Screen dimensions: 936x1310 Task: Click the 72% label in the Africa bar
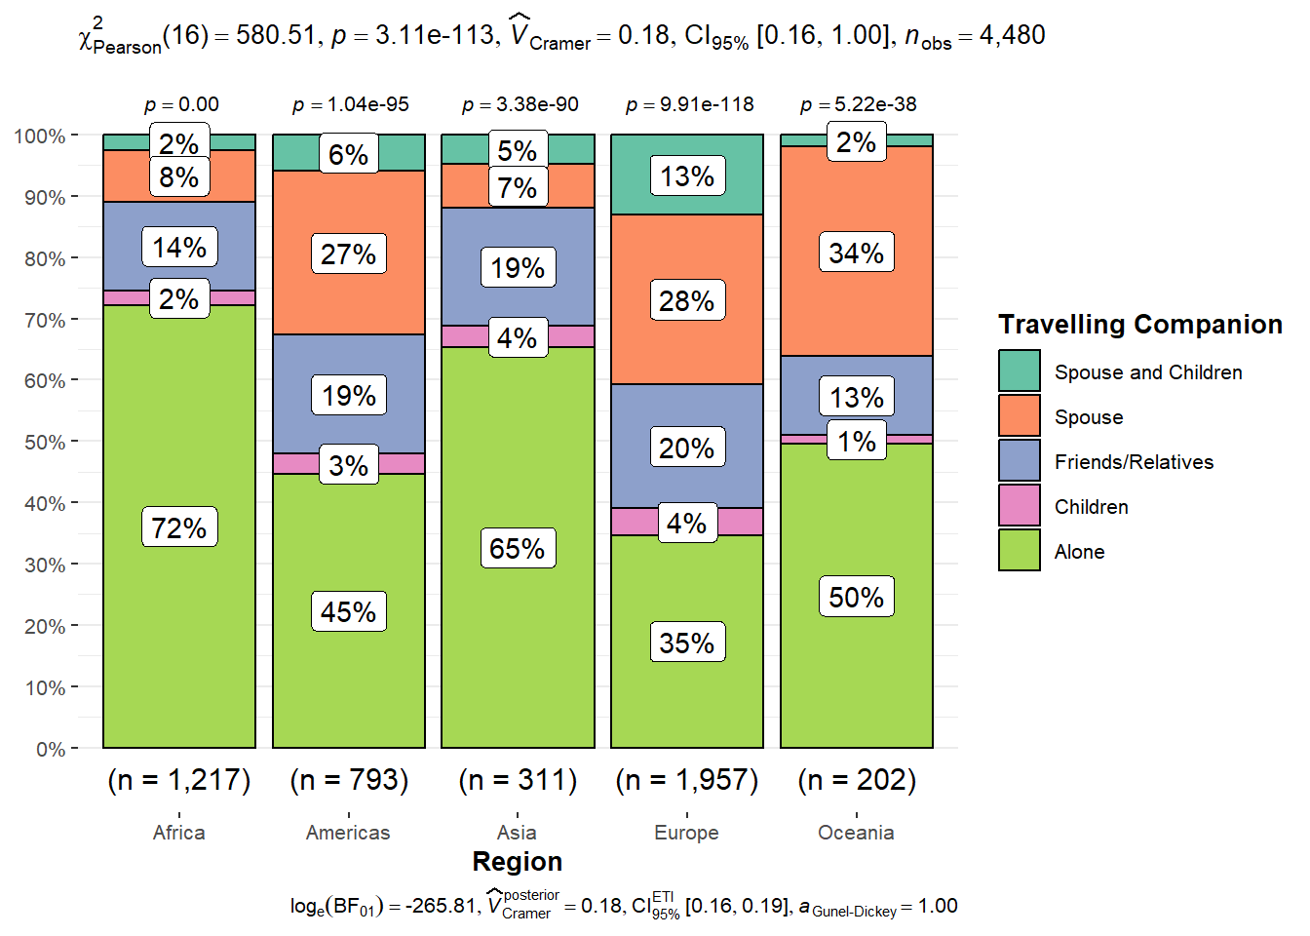[179, 527]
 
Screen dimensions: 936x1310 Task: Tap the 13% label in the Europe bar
[687, 176]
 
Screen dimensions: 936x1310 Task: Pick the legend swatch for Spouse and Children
[1020, 371]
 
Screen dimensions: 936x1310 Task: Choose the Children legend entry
[1091, 507]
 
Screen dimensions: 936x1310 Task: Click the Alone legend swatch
[1020, 551]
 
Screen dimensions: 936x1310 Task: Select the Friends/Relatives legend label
[1134, 462]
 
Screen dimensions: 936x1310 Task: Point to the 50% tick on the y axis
[45, 442]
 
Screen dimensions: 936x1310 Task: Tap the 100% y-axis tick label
[40, 136]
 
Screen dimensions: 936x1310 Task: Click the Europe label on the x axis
[687, 833]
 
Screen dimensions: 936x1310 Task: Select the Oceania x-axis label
[856, 833]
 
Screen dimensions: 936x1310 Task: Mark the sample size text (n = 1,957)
[687, 780]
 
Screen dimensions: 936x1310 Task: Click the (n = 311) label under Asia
[518, 780]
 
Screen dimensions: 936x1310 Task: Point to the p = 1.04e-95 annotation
[351, 104]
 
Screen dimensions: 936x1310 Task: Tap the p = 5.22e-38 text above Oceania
[858, 104]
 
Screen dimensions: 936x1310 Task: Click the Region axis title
[518, 862]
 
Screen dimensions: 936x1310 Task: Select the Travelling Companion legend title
[1140, 325]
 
